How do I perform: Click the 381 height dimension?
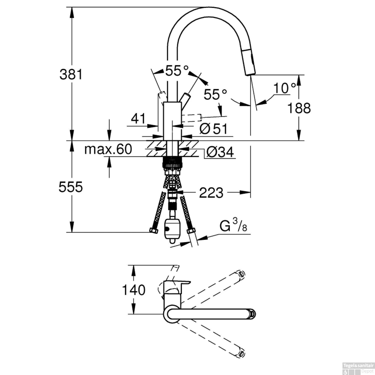[71, 74]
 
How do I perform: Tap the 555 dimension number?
[70, 187]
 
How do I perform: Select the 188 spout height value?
[299, 108]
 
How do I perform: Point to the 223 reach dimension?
[211, 193]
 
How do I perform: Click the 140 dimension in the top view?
[133, 290]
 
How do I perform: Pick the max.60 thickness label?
[108, 149]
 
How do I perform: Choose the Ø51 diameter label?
[214, 129]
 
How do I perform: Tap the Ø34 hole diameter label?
[220, 152]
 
